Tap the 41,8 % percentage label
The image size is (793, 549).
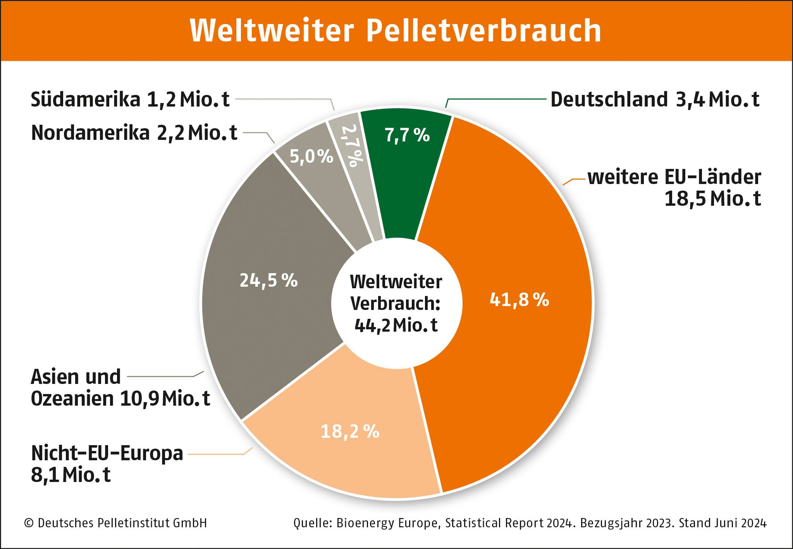click(519, 299)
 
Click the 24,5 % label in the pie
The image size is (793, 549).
click(268, 280)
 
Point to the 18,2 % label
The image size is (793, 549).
click(350, 431)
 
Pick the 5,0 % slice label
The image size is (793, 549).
click(311, 157)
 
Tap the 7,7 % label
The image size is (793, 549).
click(407, 135)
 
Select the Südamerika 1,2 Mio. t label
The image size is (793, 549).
click(130, 99)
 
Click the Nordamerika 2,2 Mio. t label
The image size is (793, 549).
click(134, 133)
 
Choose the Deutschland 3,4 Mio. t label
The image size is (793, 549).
click(655, 99)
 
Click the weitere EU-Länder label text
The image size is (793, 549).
click(674, 177)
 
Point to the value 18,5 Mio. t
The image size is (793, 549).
click(713, 199)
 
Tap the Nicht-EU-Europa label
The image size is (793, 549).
click(107, 453)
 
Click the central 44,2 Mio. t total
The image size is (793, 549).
click(396, 325)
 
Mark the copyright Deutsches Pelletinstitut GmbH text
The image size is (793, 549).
click(116, 523)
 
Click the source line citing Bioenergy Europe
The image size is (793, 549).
click(530, 523)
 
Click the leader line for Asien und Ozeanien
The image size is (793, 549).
click(163, 376)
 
